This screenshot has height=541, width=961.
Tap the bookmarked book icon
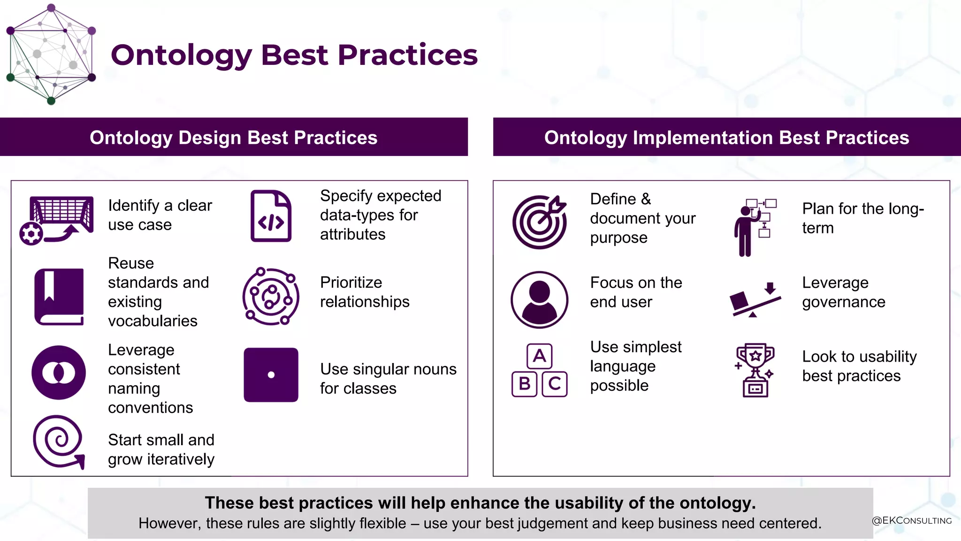pyautogui.click(x=59, y=297)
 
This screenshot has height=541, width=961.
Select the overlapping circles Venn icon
pyautogui.click(x=59, y=373)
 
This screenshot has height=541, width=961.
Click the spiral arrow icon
pyautogui.click(x=58, y=441)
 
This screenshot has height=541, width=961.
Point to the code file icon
pyautogui.click(x=271, y=216)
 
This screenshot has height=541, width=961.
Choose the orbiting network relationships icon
pyautogui.click(x=271, y=296)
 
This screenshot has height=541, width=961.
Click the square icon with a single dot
pyautogui.click(x=271, y=375)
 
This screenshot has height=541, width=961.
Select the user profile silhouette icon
pyautogui.click(x=539, y=300)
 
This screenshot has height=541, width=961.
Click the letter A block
pyautogui.click(x=539, y=356)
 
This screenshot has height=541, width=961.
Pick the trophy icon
pyautogui.click(x=755, y=370)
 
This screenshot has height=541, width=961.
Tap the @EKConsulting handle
pyautogui.click(x=911, y=520)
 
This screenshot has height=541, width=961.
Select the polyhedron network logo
pyautogui.click(x=51, y=54)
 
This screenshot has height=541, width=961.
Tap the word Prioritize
pyautogui.click(x=351, y=282)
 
